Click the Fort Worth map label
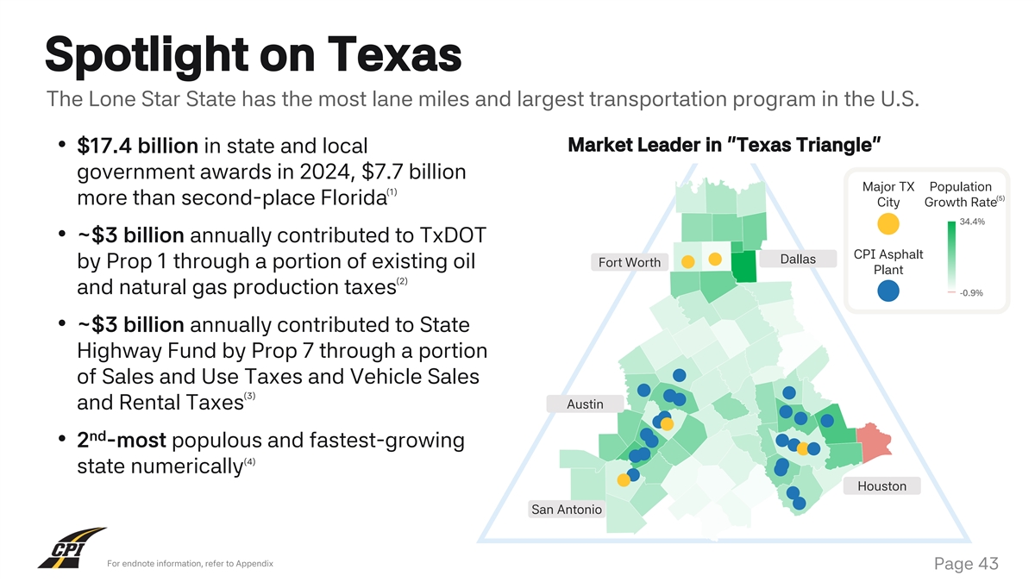[x=630, y=262]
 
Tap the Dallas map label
[x=797, y=259]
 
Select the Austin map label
[x=585, y=404]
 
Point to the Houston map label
[x=881, y=486]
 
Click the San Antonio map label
[x=567, y=510]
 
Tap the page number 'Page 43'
[x=965, y=564]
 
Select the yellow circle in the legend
[x=888, y=223]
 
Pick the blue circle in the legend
[x=888, y=291]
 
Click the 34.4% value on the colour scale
[x=972, y=222]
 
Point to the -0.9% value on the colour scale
[x=971, y=293]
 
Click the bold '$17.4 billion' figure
[x=138, y=147]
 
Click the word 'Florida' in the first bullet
[x=342, y=198]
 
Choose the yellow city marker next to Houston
[x=803, y=448]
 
